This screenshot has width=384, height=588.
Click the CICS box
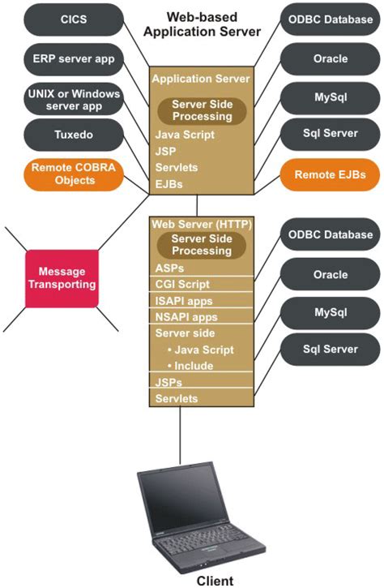click(x=75, y=19)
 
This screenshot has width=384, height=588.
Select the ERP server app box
click(x=75, y=58)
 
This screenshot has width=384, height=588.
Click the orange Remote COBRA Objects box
click(x=75, y=174)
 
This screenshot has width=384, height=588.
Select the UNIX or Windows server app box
click(x=75, y=99)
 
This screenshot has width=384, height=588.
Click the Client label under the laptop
click(x=215, y=580)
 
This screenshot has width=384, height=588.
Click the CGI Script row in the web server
click(x=182, y=285)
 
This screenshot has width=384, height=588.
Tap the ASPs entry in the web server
click(x=170, y=268)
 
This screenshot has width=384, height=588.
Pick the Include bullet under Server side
click(x=194, y=366)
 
